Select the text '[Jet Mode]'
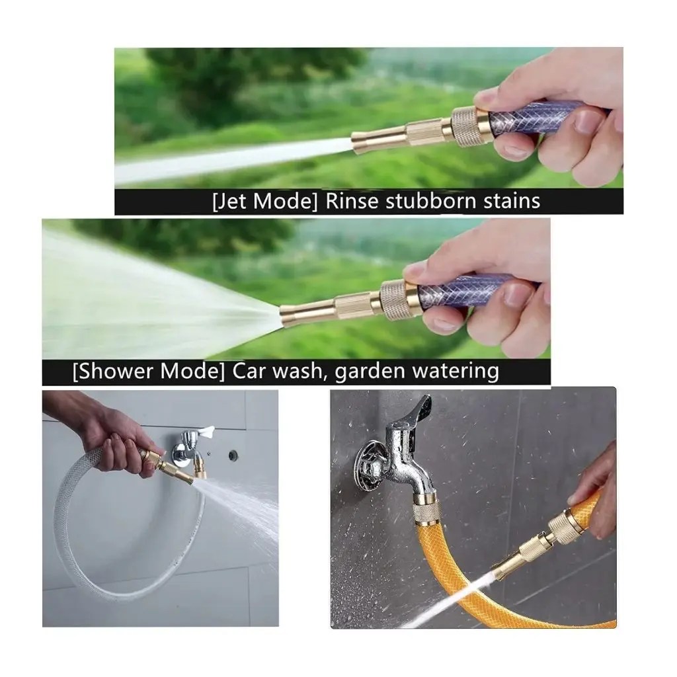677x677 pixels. tap(264, 202)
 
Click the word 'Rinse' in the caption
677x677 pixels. tap(352, 201)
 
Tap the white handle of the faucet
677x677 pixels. tap(206, 430)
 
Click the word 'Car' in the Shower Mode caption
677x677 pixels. tap(249, 371)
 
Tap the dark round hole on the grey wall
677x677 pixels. tap(233, 455)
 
